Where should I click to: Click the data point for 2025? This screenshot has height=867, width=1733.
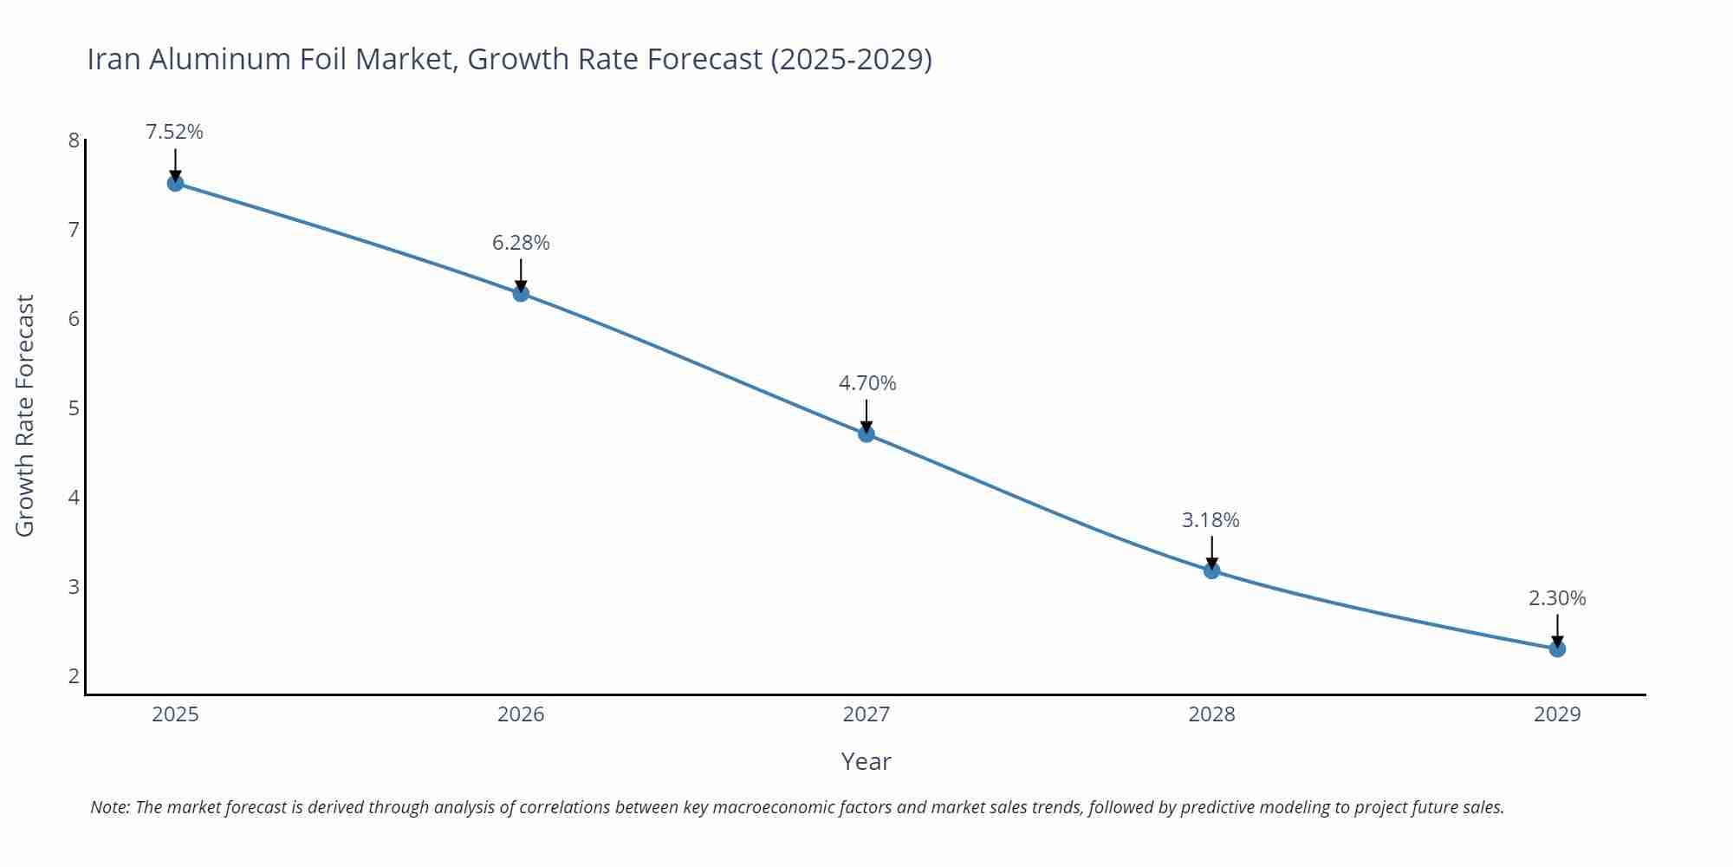[175, 183]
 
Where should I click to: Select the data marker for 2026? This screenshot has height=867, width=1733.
[521, 293]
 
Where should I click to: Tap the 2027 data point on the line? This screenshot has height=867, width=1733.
[866, 433]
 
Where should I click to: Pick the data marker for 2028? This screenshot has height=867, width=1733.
[1211, 570]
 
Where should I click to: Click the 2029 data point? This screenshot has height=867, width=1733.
[1557, 649]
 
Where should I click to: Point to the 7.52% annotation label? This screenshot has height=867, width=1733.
[174, 132]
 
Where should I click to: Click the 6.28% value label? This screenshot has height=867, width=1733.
[521, 243]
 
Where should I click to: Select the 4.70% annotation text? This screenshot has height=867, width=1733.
[866, 383]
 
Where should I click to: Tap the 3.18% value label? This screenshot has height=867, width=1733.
[1211, 520]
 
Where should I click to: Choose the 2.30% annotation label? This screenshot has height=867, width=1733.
[1557, 598]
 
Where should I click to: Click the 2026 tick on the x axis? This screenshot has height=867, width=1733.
[521, 714]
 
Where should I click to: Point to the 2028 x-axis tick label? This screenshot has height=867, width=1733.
[1211, 714]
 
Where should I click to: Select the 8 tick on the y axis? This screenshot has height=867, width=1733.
[74, 140]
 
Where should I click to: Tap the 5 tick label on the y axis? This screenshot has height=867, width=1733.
[74, 408]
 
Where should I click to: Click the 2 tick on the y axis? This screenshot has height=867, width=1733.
[74, 675]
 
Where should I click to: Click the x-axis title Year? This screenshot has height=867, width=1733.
[866, 761]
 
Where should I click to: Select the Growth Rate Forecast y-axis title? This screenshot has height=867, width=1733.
[25, 415]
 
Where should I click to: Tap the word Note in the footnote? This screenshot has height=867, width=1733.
[109, 807]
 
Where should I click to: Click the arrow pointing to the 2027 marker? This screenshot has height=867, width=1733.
[866, 414]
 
